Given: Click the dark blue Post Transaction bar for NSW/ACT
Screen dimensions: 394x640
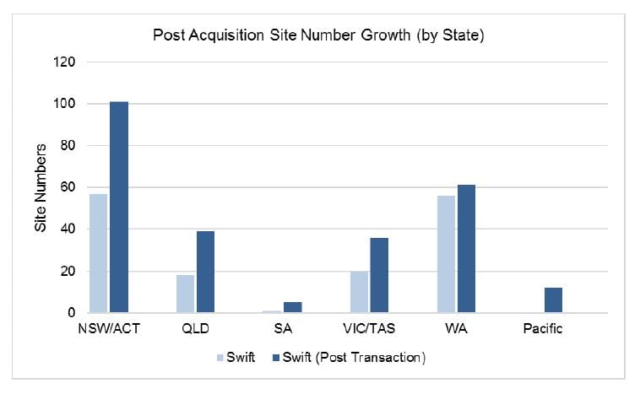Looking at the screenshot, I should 119,208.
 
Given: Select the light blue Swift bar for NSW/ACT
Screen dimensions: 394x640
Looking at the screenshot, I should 99,253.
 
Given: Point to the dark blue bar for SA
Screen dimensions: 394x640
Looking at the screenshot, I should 292,307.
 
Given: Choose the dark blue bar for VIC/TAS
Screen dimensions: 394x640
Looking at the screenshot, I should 379,275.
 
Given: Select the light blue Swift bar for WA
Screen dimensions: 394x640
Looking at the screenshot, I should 445,254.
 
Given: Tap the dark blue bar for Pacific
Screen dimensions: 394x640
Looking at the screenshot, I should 553,300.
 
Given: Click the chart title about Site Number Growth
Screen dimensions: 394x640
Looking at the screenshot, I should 319,35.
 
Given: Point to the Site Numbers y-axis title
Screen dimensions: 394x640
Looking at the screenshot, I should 40,187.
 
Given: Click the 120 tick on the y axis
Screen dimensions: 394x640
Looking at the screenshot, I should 64,62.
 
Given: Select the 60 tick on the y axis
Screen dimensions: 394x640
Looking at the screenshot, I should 68,187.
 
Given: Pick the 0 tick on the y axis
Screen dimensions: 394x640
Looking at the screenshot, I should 71,313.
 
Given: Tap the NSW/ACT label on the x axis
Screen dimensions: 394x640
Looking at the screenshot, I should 108,329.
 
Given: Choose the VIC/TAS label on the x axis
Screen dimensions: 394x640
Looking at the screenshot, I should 369,329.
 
